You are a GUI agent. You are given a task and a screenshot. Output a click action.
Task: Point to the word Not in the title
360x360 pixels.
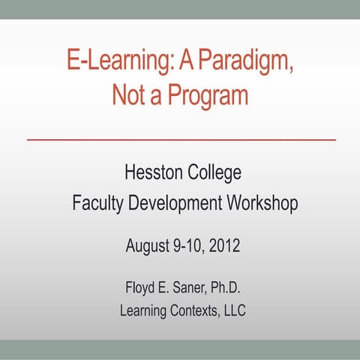[x=128, y=95]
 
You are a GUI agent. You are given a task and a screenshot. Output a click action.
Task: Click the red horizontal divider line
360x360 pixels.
[x=181, y=140]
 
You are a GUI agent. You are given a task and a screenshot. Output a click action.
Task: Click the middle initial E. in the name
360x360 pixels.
[x=164, y=286]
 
